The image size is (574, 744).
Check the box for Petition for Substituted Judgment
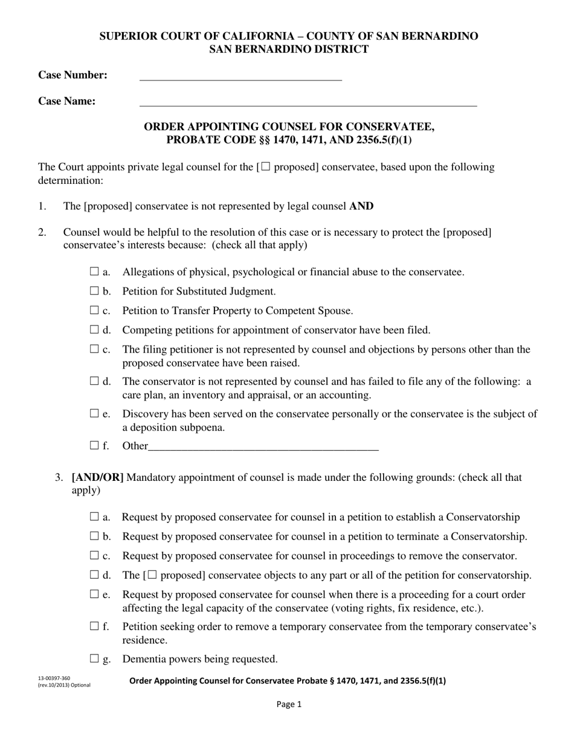[x=94, y=291]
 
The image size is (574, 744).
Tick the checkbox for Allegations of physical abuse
[x=94, y=272]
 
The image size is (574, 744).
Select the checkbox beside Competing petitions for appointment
[x=94, y=330]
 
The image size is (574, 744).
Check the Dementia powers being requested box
[x=94, y=659]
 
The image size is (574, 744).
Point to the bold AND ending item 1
[x=361, y=206]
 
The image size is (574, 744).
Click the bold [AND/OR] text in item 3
[x=98, y=477]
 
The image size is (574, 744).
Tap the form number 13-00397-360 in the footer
[x=54, y=678]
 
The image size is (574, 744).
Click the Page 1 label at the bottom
[x=289, y=704]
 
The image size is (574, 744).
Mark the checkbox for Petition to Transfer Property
[x=94, y=310]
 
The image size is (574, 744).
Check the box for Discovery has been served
[x=94, y=414]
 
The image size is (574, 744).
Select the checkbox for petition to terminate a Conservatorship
[x=94, y=536]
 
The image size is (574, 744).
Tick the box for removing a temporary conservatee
[x=94, y=627]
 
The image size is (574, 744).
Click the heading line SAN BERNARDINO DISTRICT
[x=289, y=50]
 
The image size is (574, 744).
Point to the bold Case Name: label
[x=67, y=101]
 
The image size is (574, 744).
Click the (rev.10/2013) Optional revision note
[x=63, y=685]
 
